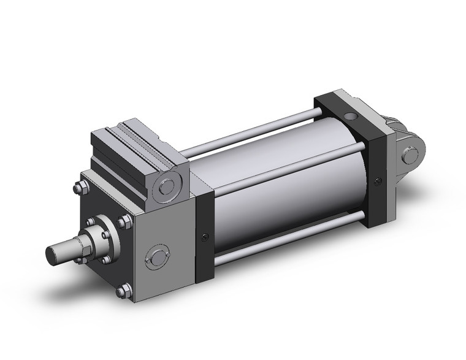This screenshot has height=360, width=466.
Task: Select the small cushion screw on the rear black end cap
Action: coord(378,180)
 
